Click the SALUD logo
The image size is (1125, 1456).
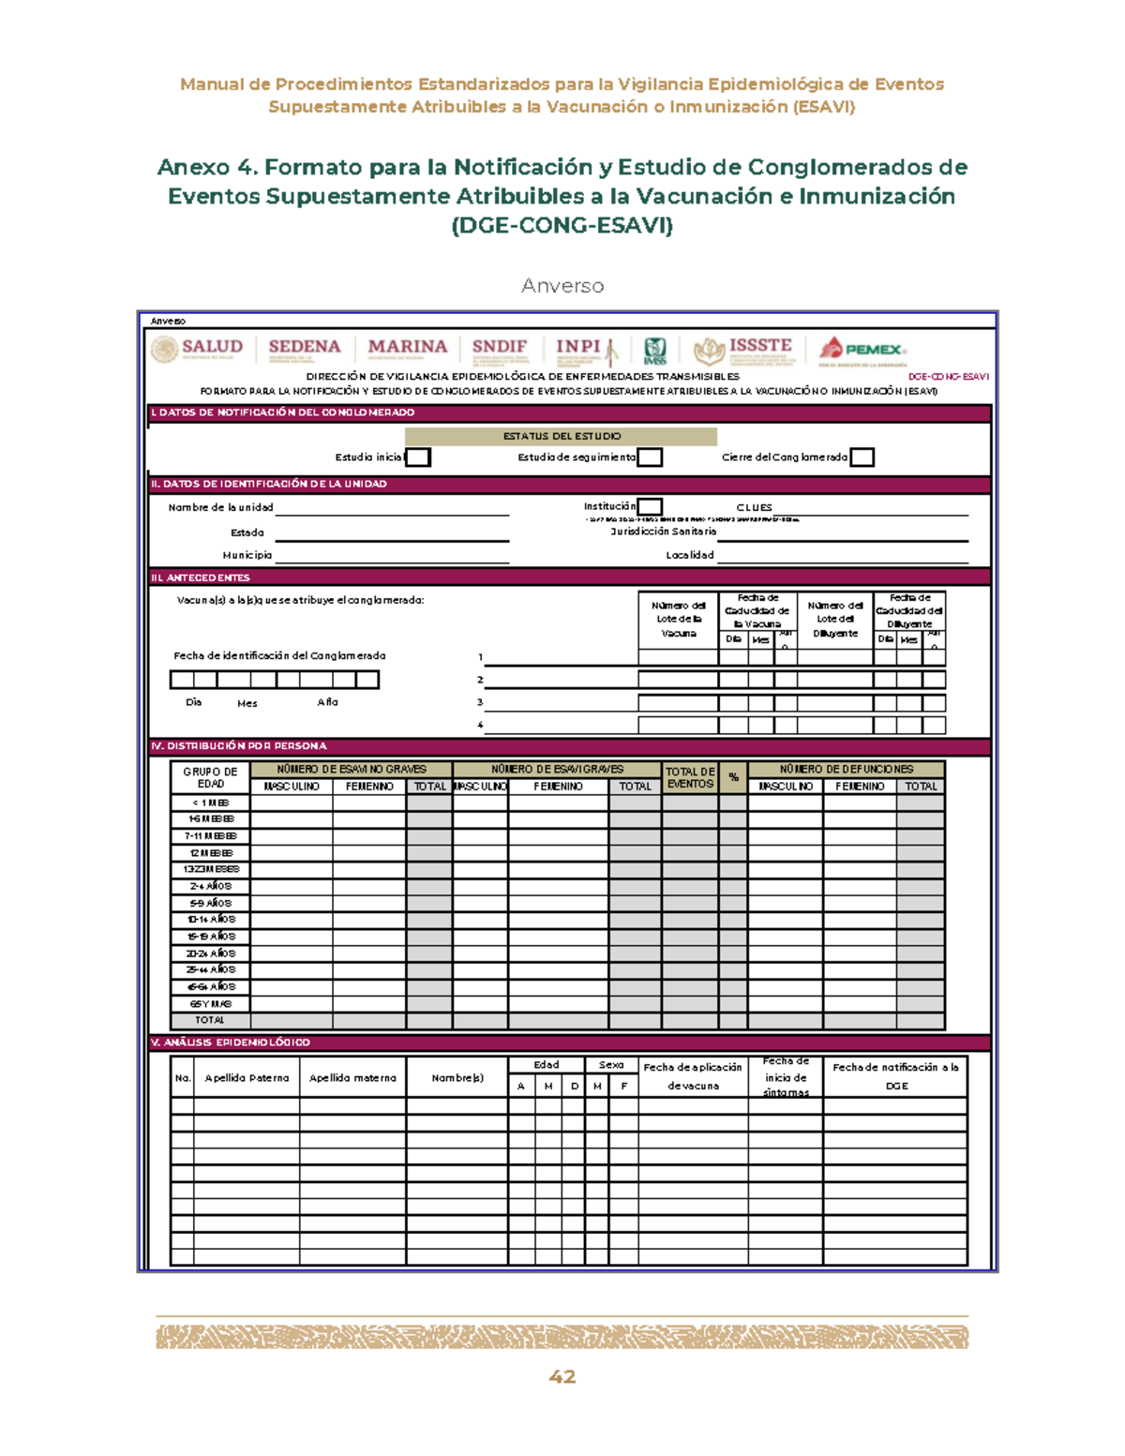[198, 350]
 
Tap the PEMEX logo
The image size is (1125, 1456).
[862, 351]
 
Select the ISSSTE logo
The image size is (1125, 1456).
[744, 350]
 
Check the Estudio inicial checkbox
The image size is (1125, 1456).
[418, 458]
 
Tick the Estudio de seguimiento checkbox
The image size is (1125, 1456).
[650, 458]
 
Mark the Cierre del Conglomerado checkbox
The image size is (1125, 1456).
[862, 458]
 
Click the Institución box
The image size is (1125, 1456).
[650, 507]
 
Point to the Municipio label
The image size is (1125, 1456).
[247, 555]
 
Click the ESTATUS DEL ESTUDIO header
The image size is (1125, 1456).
[561, 436]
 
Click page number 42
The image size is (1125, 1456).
[562, 1376]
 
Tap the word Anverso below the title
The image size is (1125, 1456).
[562, 286]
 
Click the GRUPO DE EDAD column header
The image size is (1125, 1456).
[210, 777]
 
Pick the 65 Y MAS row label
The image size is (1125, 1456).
[210, 1003]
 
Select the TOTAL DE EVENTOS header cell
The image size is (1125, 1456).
[690, 777]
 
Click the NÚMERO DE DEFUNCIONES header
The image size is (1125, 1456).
[846, 769]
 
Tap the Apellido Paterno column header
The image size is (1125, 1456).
[247, 1078]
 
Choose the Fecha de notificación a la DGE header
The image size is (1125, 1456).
[895, 1076]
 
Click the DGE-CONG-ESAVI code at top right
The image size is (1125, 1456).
[948, 377]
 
